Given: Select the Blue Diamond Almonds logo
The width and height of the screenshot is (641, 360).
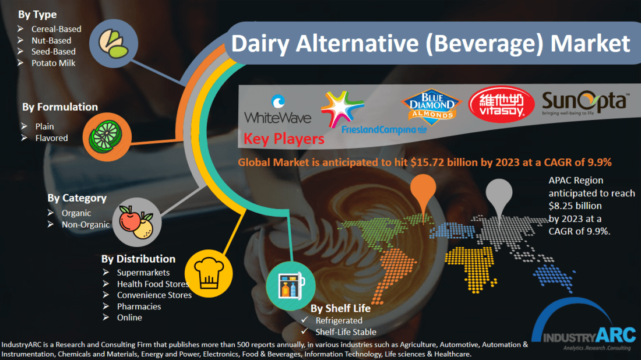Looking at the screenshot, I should point(431,105).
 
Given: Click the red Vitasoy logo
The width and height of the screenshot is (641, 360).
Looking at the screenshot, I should point(501,105).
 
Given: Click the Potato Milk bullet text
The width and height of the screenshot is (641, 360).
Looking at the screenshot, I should point(54,63).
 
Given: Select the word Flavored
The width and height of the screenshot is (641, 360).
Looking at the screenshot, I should point(51,138).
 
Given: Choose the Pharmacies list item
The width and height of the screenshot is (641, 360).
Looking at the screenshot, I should point(139,306).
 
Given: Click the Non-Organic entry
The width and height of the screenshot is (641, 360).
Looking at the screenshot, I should point(86,224).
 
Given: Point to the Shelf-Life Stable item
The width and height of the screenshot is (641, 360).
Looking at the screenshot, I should point(346,331).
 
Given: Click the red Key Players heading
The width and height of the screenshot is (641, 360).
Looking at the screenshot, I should point(284,139).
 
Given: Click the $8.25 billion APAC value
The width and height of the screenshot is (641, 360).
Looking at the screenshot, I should point(575,206).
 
